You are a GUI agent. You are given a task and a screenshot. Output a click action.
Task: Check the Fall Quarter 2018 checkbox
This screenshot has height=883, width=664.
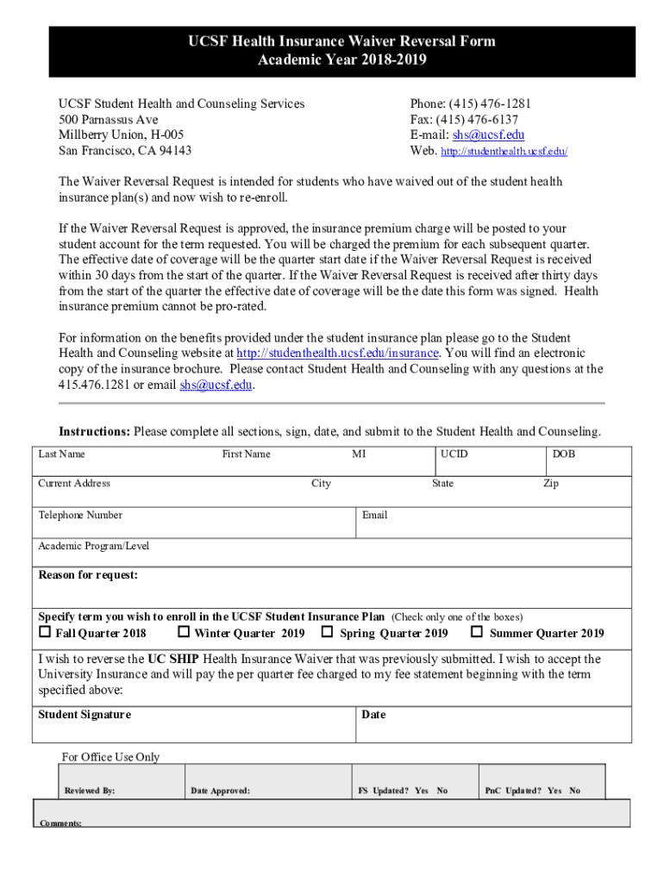pos(45,633)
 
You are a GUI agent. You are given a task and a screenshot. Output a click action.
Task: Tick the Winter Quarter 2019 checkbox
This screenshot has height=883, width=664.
pos(183,633)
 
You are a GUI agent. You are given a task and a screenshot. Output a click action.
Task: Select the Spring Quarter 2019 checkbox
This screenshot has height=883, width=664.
pos(328,633)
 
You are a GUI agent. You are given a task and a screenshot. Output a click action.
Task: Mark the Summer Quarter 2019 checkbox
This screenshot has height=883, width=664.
pos(476,633)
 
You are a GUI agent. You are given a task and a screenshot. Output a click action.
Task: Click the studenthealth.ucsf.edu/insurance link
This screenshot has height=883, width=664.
pos(338,354)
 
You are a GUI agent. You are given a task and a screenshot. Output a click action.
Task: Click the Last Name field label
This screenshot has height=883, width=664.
pos(61,454)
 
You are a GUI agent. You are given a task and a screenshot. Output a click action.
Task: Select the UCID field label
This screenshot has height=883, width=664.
pos(454,454)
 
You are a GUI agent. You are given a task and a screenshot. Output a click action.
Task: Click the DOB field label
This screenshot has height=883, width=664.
pos(564,454)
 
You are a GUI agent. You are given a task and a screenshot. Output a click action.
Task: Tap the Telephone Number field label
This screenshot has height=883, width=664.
pos(80,516)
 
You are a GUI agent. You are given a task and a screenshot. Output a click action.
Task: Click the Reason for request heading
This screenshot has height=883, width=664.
pos(88,576)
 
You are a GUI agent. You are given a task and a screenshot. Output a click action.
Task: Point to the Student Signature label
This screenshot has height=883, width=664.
pos(85,715)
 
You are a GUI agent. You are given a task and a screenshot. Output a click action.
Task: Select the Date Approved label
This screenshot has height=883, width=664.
pos(220,791)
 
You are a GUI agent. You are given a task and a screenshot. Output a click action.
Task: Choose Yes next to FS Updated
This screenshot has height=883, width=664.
pos(422,791)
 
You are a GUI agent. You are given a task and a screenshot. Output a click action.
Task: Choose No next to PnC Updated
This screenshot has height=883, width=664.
pos(574,791)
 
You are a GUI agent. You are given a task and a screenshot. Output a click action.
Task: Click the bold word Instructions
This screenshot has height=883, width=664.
pos(94,431)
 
